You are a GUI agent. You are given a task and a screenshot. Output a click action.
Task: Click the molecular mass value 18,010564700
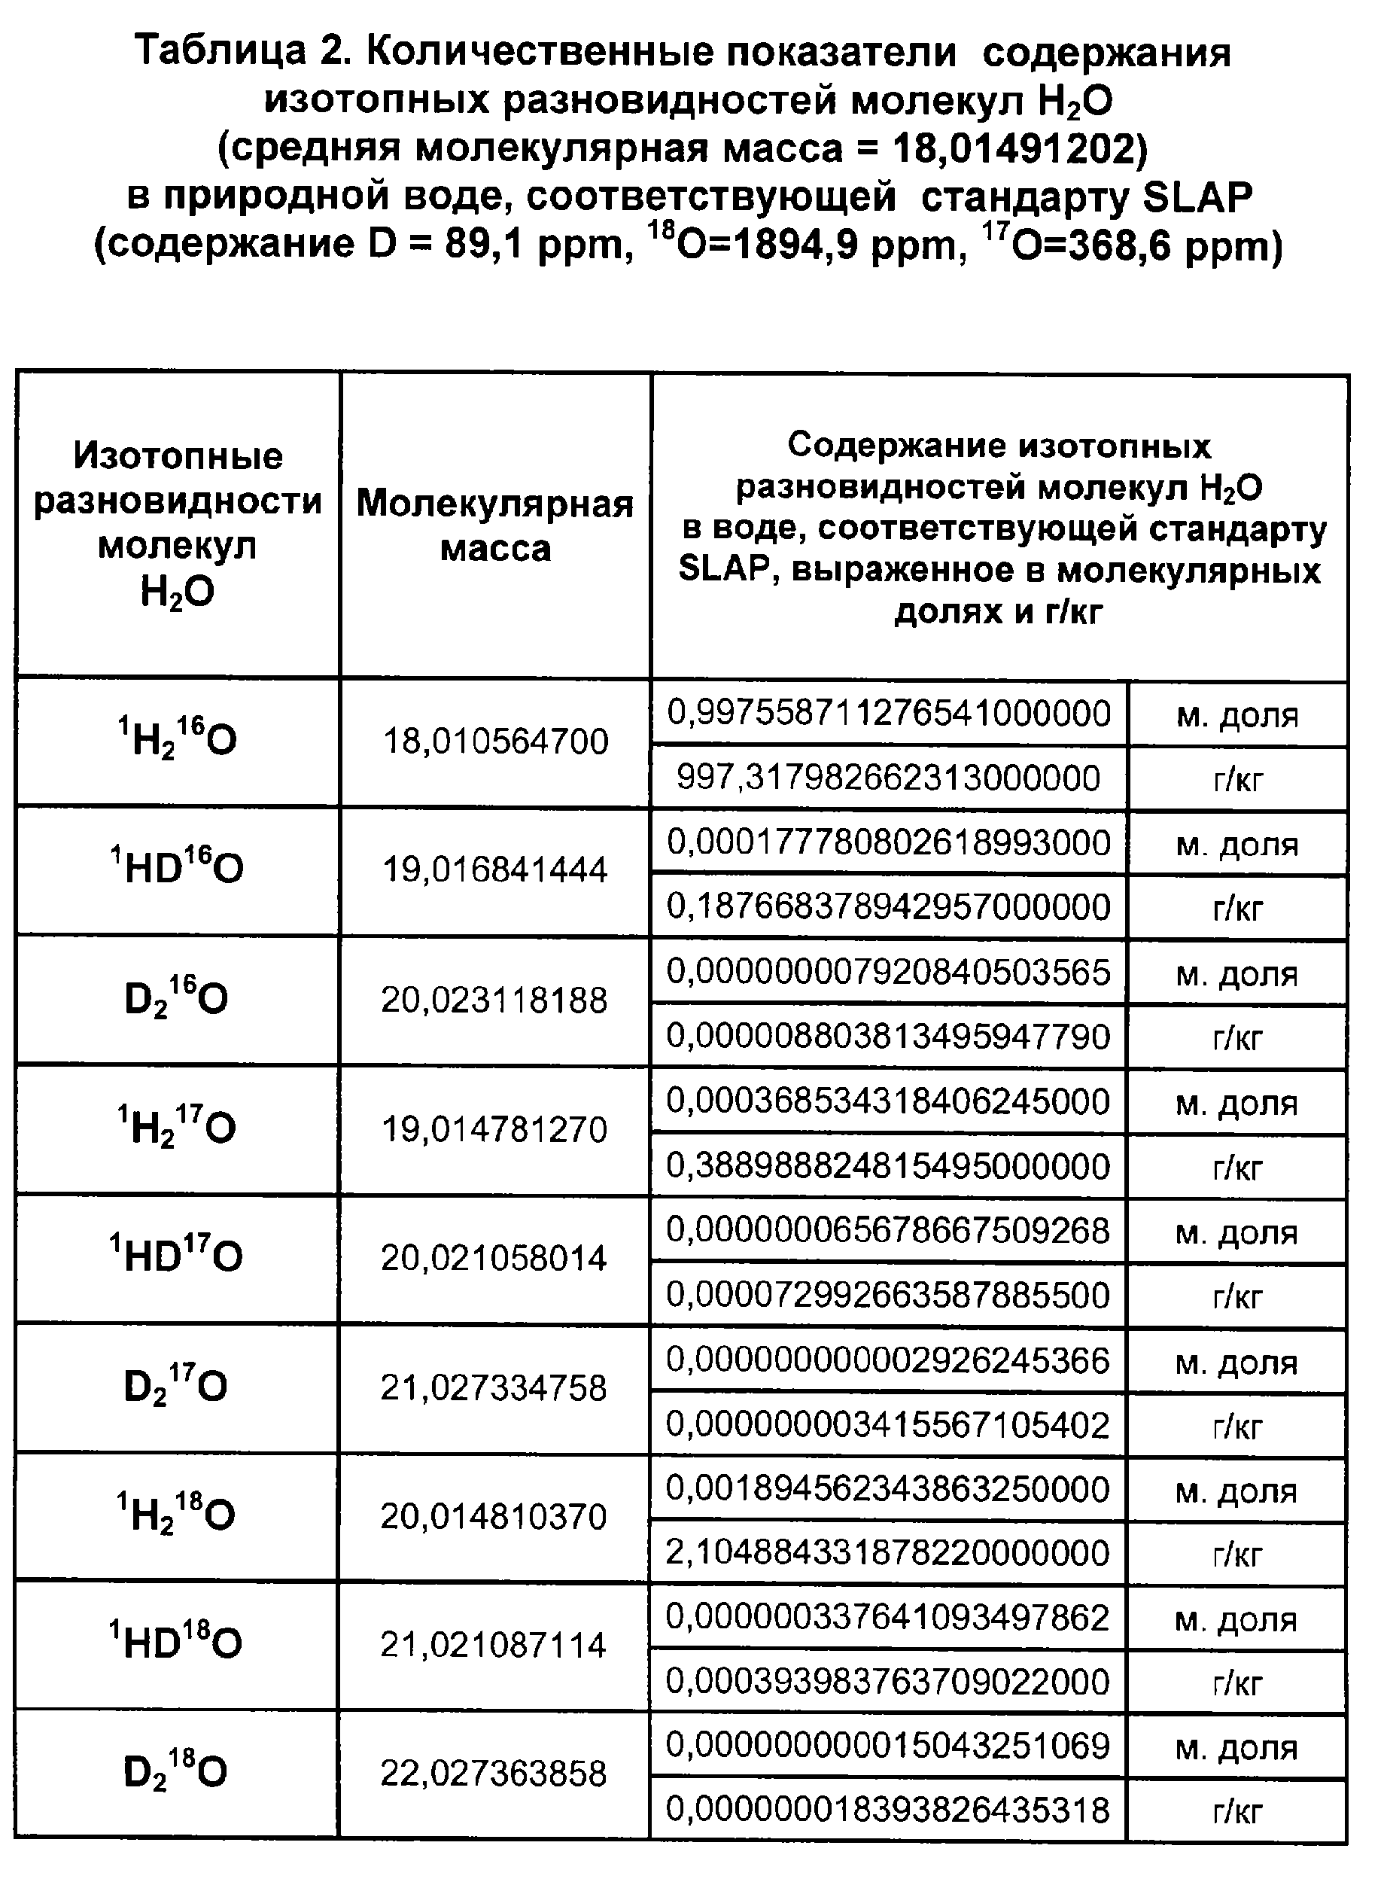click(x=495, y=742)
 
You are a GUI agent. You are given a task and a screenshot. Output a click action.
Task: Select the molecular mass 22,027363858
click(x=494, y=1773)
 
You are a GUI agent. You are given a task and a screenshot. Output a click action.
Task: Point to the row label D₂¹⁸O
click(x=175, y=1772)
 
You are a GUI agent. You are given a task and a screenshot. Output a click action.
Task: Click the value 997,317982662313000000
click(x=888, y=778)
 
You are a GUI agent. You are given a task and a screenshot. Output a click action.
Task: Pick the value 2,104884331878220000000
click(x=888, y=1552)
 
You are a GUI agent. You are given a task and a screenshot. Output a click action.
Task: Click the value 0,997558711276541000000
click(x=888, y=713)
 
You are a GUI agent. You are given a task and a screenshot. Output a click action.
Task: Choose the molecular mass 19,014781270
click(x=494, y=1129)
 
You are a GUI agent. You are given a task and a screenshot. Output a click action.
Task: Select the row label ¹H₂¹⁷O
click(x=177, y=1127)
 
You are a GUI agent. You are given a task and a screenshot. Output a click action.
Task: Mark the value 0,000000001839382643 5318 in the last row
click(x=888, y=1809)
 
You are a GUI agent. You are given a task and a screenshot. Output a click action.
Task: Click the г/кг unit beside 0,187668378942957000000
click(x=1237, y=908)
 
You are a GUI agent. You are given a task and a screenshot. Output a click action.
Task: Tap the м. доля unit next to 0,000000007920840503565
click(x=1237, y=973)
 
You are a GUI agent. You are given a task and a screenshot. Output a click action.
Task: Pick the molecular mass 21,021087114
click(x=494, y=1644)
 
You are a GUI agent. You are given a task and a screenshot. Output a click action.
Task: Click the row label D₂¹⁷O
click(x=175, y=1386)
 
